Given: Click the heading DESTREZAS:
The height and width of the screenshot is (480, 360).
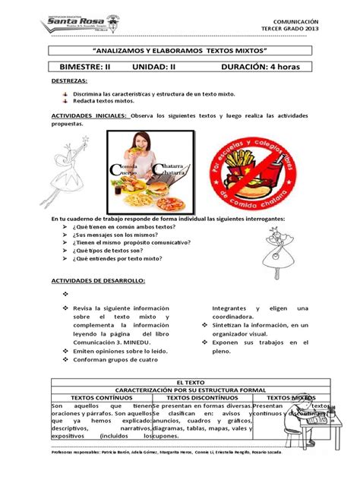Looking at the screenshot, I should (69, 80).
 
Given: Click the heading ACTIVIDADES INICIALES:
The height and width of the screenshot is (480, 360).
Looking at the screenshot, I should (89, 115).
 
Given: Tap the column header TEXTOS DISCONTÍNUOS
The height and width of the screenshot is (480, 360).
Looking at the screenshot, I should (200, 396).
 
